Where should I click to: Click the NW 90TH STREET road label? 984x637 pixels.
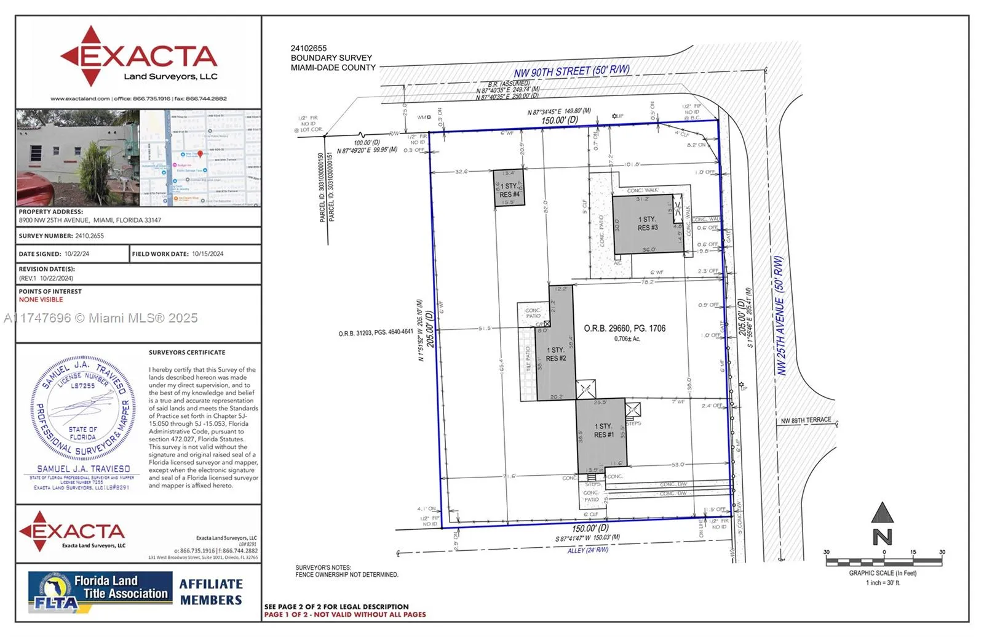[571, 71]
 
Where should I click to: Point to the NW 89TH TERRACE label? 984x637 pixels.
[806, 421]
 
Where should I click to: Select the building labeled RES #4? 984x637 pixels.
[509, 190]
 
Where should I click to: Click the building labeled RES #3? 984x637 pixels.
[647, 224]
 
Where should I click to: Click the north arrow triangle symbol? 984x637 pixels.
[883, 513]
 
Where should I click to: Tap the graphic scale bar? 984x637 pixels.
[883, 561]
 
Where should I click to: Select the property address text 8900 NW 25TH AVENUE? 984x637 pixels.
[90, 220]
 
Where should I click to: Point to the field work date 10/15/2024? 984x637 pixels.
[207, 254]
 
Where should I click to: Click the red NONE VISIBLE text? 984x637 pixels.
[41, 300]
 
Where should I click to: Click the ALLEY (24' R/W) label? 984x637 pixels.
[587, 550]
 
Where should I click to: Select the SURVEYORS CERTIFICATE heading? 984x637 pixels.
[187, 353]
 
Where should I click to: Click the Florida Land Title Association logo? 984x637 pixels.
[100, 592]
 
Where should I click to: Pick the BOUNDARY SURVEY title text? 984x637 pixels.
[331, 58]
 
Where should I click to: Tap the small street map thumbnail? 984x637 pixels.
[200, 158]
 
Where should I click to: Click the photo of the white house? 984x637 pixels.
[77, 158]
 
